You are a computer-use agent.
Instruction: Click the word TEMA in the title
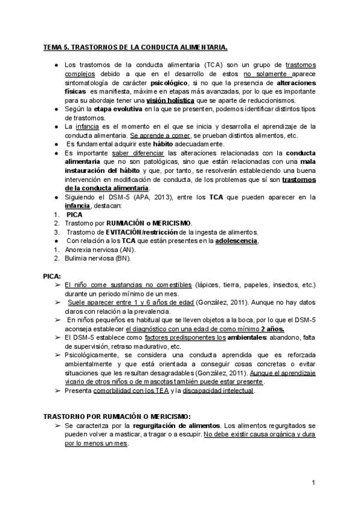tap(53, 47)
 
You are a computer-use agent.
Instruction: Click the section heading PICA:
tap(52, 276)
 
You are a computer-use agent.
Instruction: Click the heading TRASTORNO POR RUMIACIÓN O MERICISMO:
tap(117, 416)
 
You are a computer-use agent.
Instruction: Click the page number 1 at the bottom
tap(314, 483)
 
